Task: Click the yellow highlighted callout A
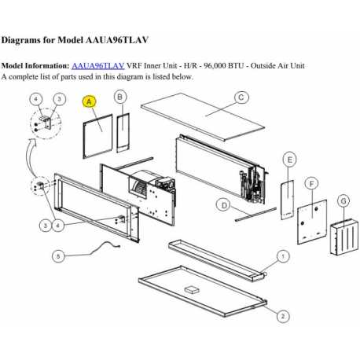[x=89, y=101]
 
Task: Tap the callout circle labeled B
[x=120, y=96]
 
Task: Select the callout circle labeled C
[x=242, y=97]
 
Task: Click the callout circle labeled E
[x=290, y=160]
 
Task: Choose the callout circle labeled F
[x=312, y=182]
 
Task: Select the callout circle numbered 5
[x=57, y=255]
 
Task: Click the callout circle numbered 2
[x=281, y=315]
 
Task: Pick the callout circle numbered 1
[x=284, y=256]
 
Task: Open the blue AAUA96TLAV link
[x=98, y=66]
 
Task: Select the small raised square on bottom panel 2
[x=190, y=289]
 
